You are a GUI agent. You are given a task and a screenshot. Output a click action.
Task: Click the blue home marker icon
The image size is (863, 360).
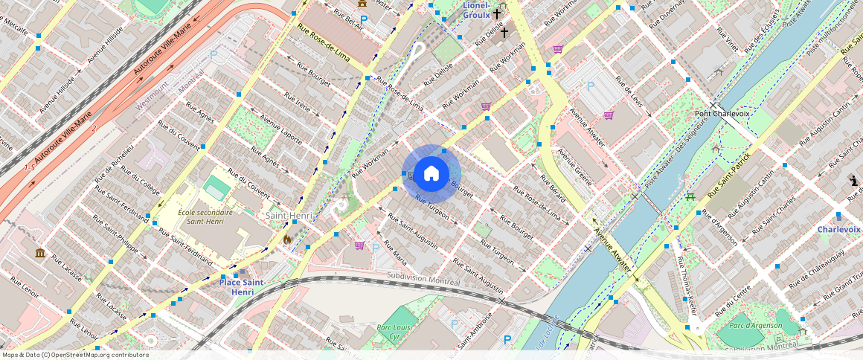(x=431, y=174)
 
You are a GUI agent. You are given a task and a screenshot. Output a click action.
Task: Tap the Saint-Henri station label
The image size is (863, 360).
(x=288, y=215)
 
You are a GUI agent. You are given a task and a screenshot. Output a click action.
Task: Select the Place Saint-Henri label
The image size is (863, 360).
(x=243, y=287)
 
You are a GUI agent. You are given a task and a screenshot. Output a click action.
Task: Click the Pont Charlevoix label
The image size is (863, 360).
(x=722, y=114)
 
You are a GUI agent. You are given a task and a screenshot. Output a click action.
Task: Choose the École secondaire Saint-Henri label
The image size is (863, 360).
(x=205, y=216)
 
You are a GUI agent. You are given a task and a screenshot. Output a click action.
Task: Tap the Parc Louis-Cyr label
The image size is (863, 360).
(x=395, y=331)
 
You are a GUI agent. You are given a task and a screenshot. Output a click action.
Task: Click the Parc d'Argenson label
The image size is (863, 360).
(x=755, y=325)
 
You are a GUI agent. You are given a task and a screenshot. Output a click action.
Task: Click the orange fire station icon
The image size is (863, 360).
(x=287, y=240)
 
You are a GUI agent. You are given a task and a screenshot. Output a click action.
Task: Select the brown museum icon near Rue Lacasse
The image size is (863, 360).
(x=39, y=254)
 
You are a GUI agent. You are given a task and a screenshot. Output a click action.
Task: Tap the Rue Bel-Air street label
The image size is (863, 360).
(x=348, y=19)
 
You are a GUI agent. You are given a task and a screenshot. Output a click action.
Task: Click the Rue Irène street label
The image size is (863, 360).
(x=298, y=103)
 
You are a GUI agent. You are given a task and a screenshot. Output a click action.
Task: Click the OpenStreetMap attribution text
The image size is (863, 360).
(x=74, y=355)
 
